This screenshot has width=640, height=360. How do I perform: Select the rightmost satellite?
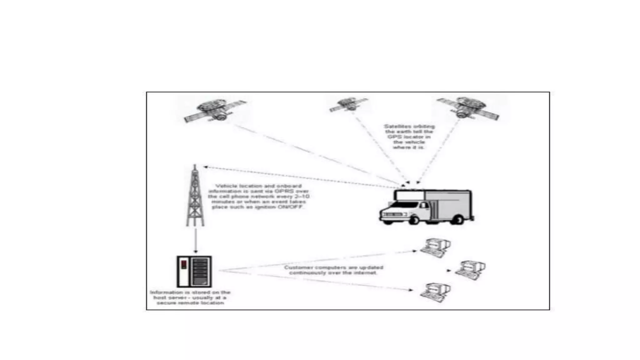468,108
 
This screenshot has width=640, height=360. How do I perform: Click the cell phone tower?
195,197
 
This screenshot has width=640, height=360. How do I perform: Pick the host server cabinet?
194,272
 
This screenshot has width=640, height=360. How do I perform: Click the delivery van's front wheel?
413,220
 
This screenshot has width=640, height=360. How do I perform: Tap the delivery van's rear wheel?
458,219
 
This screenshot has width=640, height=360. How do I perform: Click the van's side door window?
424,206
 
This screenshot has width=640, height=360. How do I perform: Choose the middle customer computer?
470,270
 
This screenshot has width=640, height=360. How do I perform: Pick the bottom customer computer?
435,292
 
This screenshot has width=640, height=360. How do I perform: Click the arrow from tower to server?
196,241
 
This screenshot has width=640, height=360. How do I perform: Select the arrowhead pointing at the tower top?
206,167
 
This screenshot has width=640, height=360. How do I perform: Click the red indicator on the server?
184,264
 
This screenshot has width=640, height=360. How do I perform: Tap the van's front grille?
392,215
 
